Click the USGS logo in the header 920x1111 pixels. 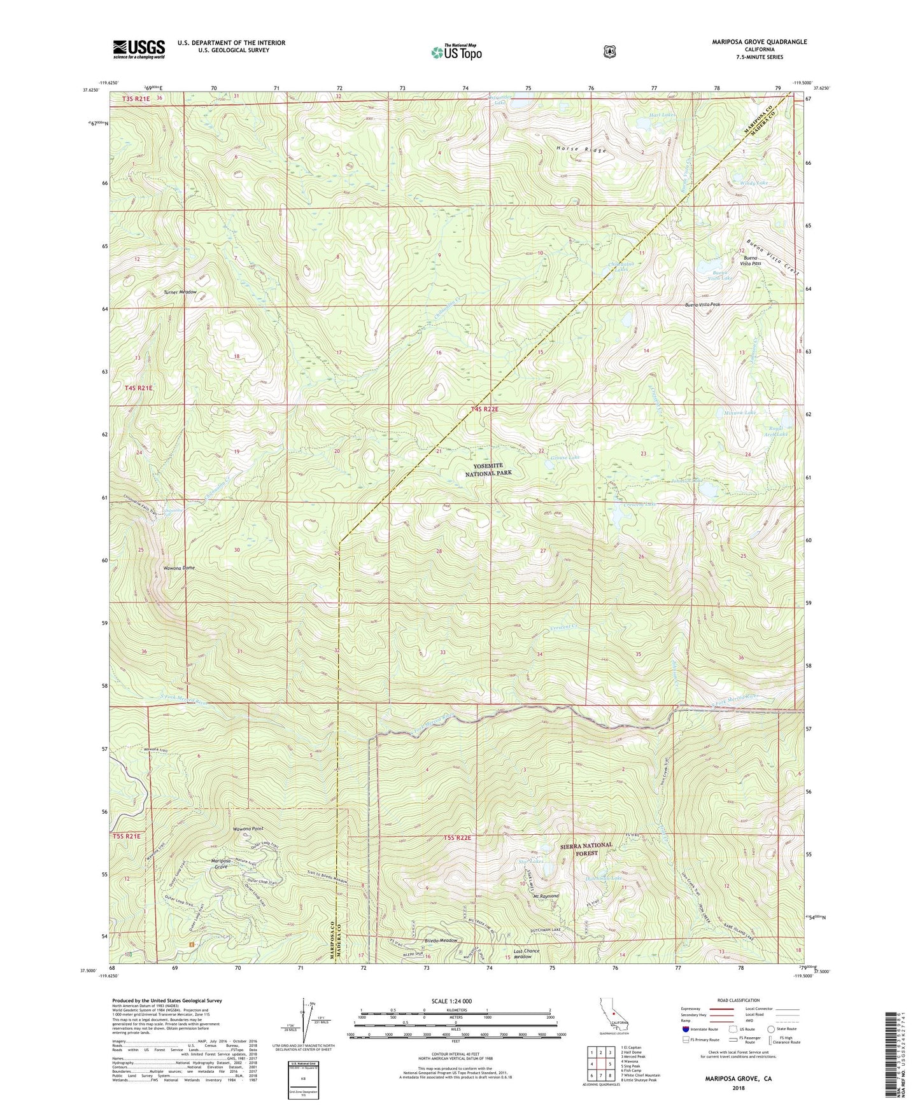(139, 49)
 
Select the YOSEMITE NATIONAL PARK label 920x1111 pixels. (488, 470)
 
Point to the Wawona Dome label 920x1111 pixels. (180, 568)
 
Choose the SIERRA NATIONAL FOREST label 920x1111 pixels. (586, 849)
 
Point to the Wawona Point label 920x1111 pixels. (248, 829)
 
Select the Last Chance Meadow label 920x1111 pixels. (527, 954)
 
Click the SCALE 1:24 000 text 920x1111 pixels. (451, 1001)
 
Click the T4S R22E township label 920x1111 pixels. (485, 409)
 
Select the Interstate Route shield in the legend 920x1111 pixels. (686, 1029)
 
